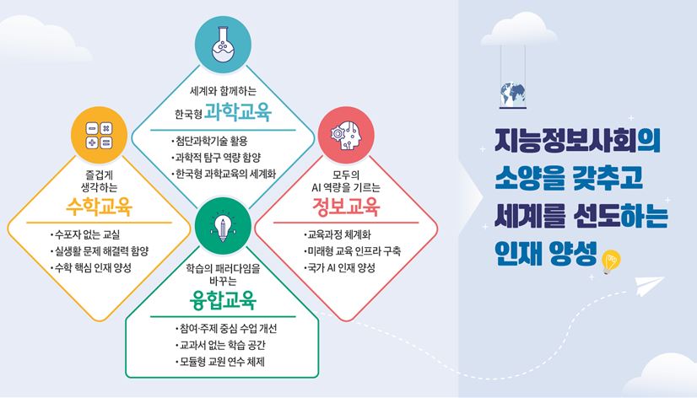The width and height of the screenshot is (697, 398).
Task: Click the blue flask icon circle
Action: coord(223,45)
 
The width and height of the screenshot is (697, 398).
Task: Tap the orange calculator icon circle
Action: coord(99,135)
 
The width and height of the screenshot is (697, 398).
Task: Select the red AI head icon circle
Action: coord(346,135)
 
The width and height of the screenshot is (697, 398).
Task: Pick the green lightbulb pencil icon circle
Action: coord(223,227)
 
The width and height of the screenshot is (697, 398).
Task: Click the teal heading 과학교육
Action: coord(238,113)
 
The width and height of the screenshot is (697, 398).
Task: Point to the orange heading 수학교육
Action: coord(99,207)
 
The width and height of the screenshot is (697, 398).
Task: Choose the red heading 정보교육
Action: coord(346,207)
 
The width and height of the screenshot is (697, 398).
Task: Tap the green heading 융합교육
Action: coord(223,300)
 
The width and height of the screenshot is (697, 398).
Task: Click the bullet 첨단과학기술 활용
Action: coord(209,142)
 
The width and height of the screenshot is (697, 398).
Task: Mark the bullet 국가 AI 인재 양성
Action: coord(339,267)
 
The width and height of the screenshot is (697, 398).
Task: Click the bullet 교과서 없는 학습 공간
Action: coord(220,345)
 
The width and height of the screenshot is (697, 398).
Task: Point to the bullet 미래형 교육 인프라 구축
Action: coord(352,251)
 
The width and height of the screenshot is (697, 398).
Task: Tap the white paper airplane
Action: coord(649,287)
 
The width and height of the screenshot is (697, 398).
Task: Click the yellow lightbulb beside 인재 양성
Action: coord(611,261)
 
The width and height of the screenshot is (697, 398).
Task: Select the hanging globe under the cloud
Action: coord(513,95)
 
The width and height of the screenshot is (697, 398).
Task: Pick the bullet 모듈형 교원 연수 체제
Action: coord(219,362)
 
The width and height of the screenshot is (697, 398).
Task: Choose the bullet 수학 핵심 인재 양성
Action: coord(90,267)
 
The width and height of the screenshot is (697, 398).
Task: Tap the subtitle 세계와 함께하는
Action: coord(223,92)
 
